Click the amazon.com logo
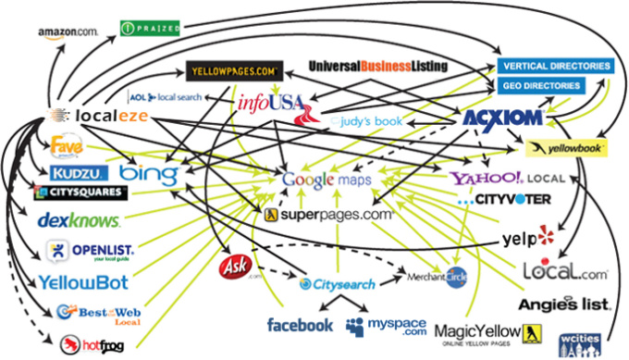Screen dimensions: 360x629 pyautogui.click(x=68, y=31)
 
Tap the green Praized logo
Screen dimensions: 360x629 pyautogui.click(x=152, y=29)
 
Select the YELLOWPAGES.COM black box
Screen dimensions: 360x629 pyautogui.click(x=231, y=69)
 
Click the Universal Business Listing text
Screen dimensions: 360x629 pyautogui.click(x=377, y=66)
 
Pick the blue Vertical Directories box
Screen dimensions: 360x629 pyautogui.click(x=555, y=67)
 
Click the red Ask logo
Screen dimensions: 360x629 pyautogui.click(x=232, y=268)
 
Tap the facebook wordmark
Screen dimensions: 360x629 pyautogui.click(x=300, y=325)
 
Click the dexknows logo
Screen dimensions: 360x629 pyautogui.click(x=79, y=220)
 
